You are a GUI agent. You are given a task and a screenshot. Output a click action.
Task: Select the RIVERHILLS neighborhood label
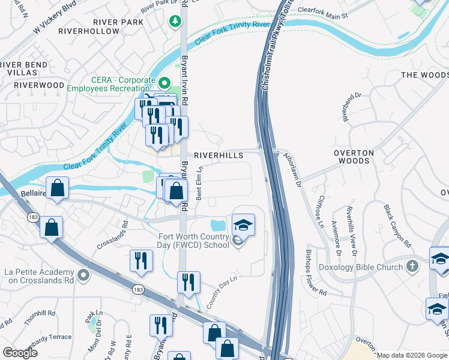click(218, 155)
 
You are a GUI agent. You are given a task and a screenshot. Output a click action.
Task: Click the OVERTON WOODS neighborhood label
click(354, 157)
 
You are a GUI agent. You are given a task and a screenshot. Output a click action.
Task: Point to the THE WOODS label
click(424, 75)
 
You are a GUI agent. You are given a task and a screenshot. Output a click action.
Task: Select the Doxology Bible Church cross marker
click(412, 265)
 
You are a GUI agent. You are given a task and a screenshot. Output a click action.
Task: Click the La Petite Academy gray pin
click(83, 275)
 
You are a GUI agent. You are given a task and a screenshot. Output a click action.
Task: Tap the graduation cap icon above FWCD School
click(243, 225)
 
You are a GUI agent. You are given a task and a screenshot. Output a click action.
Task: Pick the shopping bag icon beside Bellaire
click(56, 188)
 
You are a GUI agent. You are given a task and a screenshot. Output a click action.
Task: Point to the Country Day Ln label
click(221, 292)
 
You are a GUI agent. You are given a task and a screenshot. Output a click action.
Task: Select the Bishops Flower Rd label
click(315, 272)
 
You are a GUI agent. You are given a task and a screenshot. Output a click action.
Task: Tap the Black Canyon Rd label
click(397, 226)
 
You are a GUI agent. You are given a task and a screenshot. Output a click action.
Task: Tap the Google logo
click(20, 353)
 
